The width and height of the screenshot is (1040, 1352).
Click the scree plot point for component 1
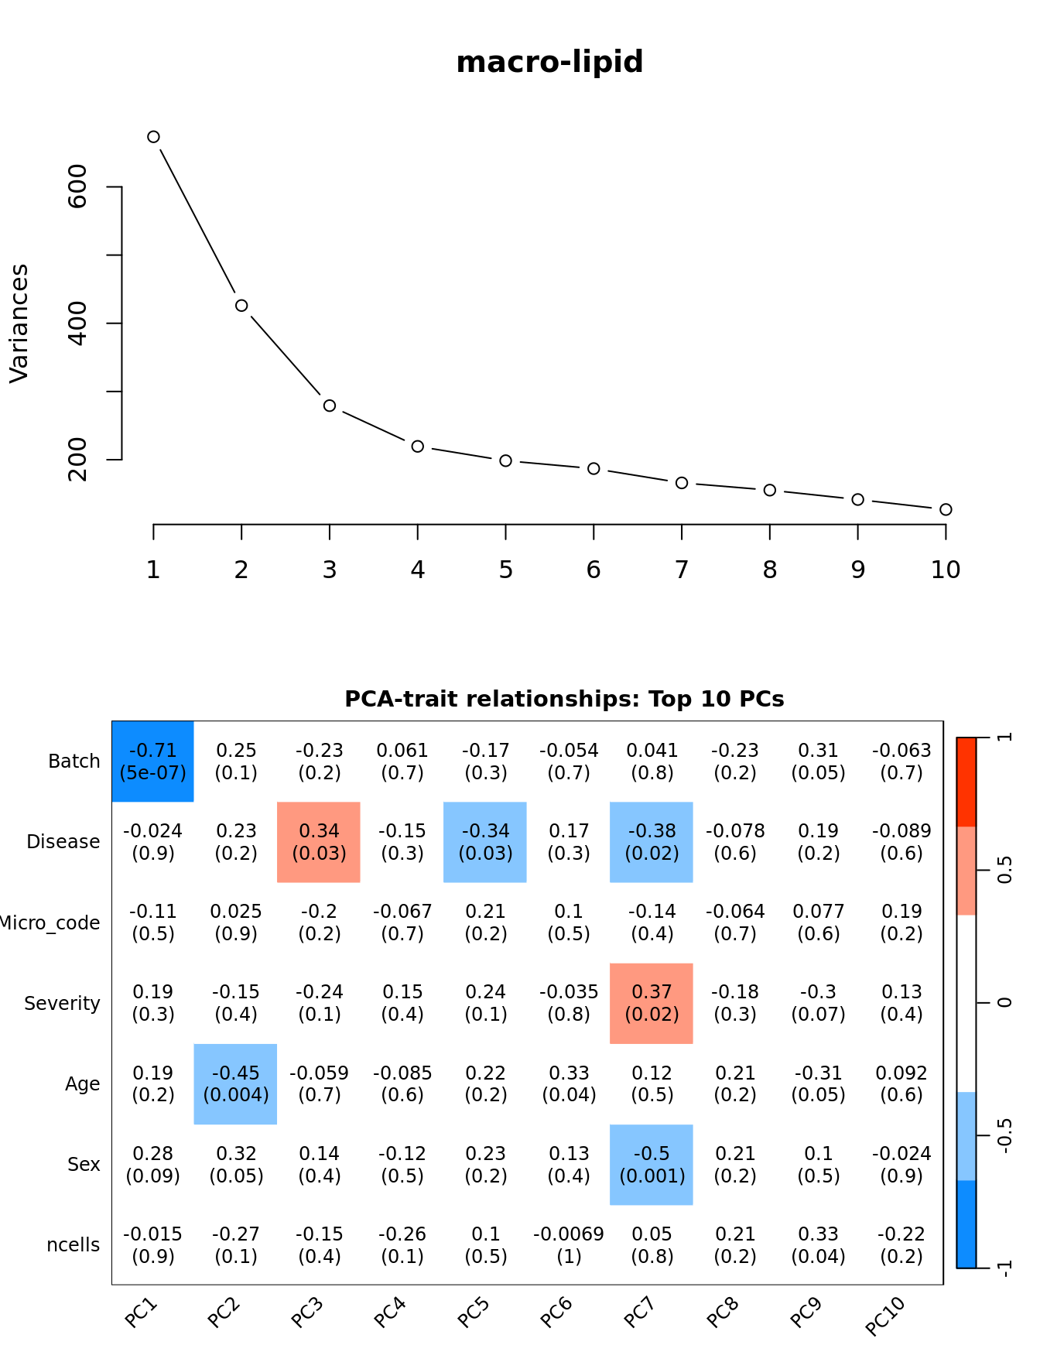[153, 137]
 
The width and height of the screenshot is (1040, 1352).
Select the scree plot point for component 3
[330, 406]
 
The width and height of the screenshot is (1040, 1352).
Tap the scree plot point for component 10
[946, 509]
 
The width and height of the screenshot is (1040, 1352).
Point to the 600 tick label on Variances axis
[78, 187]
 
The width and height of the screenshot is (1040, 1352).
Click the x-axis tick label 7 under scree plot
[682, 570]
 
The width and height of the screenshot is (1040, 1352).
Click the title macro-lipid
[549, 62]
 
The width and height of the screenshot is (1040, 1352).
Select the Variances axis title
[19, 323]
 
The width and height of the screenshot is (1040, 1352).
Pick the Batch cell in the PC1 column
[153, 762]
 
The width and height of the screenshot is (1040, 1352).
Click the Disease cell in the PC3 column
[319, 842]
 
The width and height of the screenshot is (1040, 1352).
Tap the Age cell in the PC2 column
[235, 1083]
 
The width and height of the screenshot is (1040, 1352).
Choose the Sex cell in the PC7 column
[652, 1165]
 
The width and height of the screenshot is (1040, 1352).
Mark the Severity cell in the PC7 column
[652, 1003]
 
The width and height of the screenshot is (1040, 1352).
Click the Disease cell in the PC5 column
[485, 842]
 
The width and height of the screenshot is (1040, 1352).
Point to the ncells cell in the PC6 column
[569, 1245]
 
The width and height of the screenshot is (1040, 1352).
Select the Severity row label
[62, 1004]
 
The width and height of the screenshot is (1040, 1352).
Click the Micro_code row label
[50, 923]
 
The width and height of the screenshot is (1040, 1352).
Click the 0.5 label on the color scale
[1004, 870]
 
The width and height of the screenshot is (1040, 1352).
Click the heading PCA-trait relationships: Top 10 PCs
[564, 699]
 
